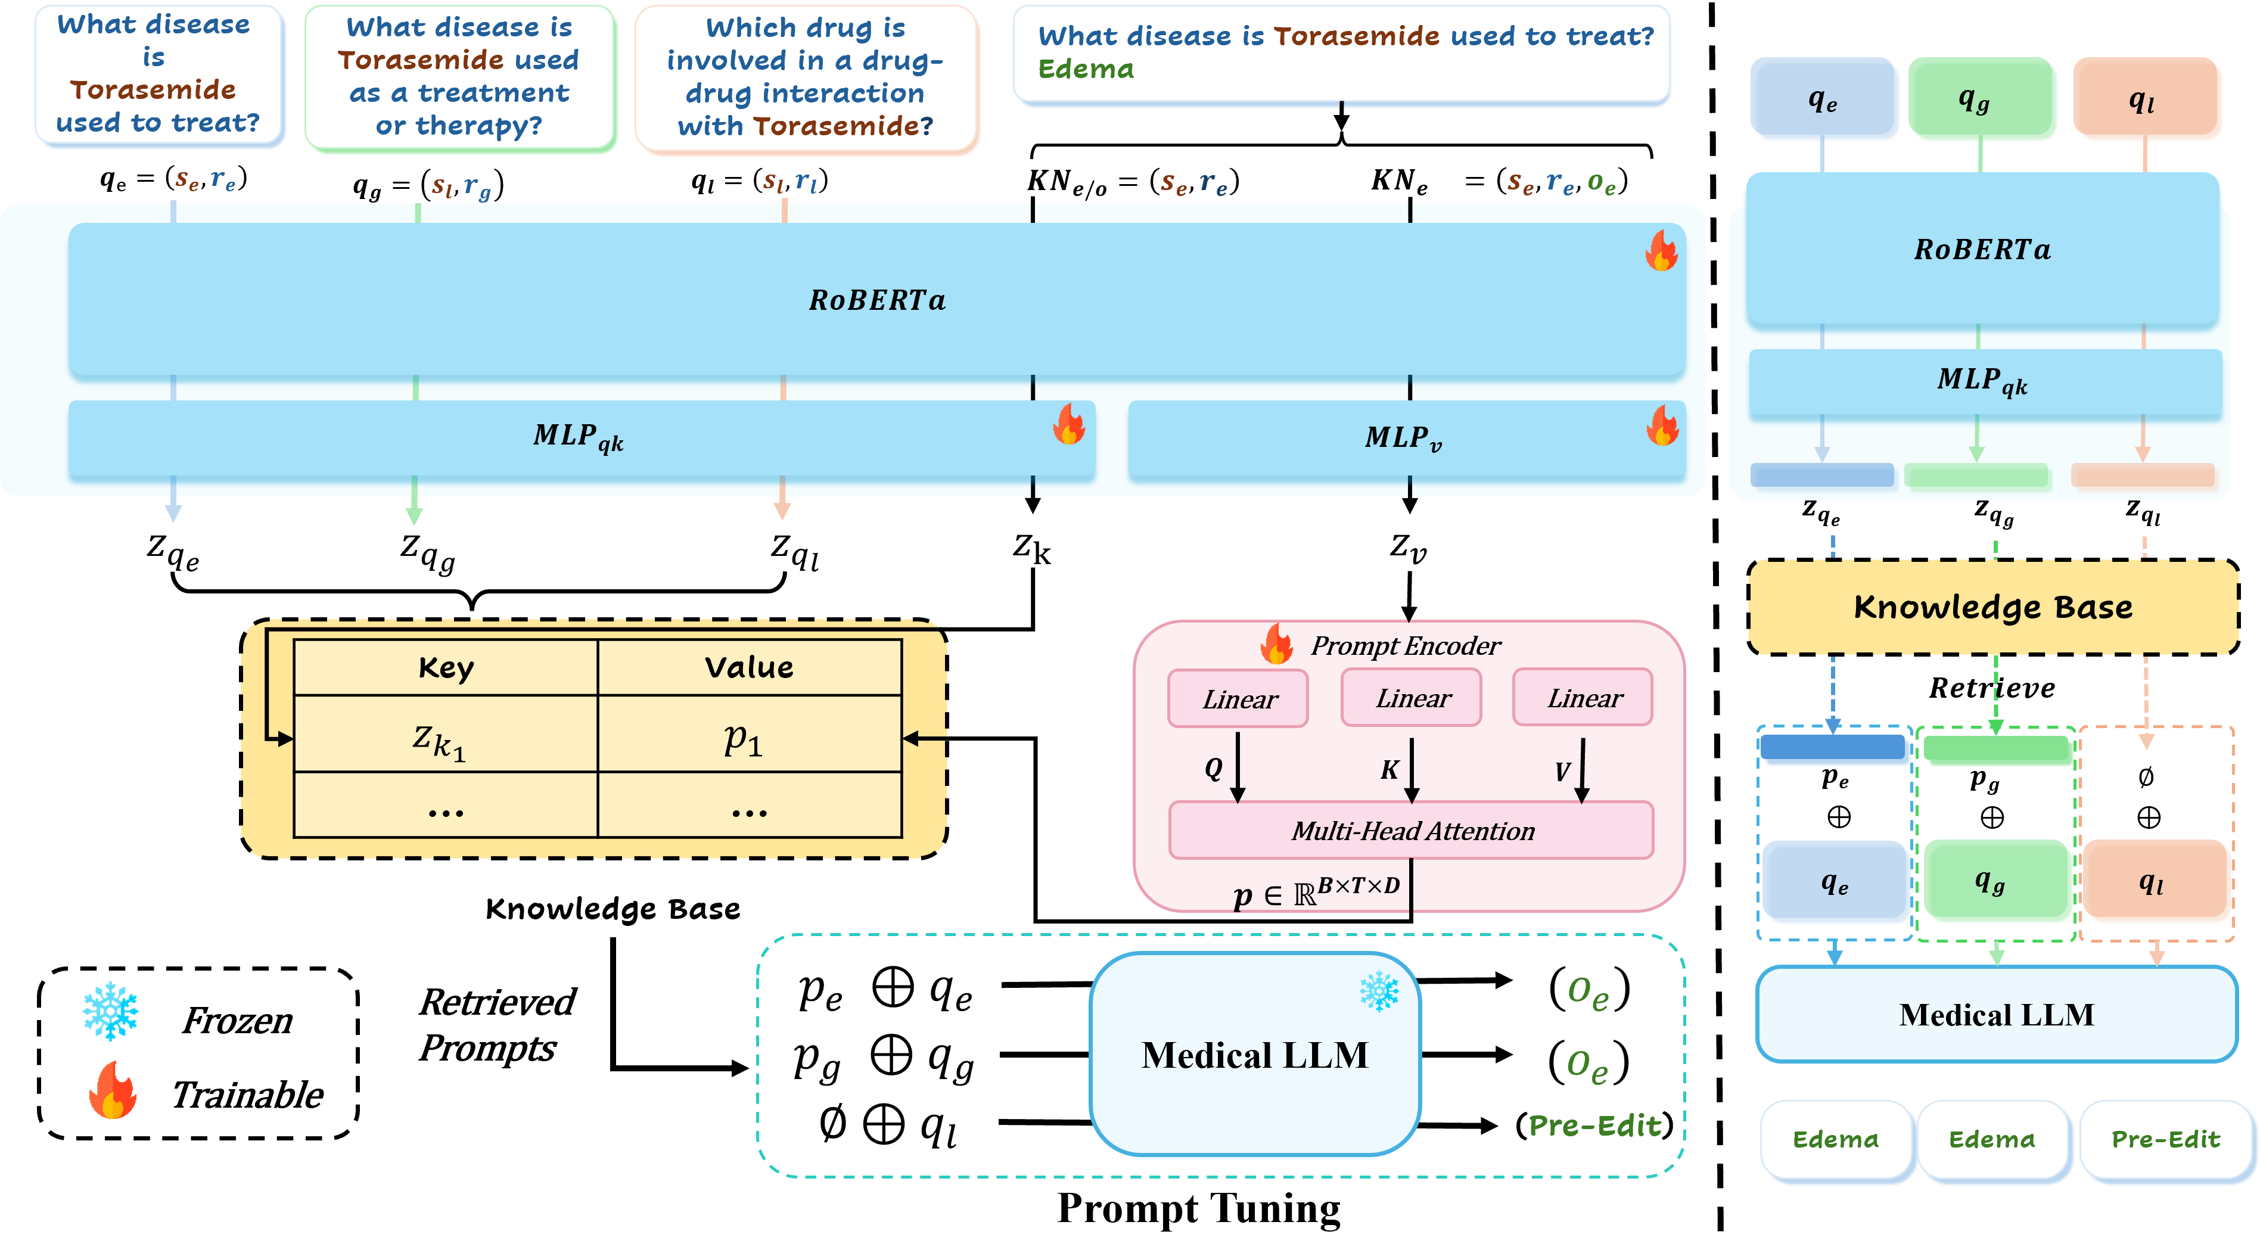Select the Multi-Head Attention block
point(1411,830)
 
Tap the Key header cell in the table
point(446,668)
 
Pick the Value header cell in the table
point(749,668)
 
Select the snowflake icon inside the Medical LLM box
point(1379,991)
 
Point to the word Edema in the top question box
point(1086,69)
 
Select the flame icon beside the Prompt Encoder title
point(1276,645)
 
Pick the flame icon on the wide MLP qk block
point(1068,425)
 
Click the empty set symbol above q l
point(2146,776)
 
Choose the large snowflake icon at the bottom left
point(111,1011)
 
